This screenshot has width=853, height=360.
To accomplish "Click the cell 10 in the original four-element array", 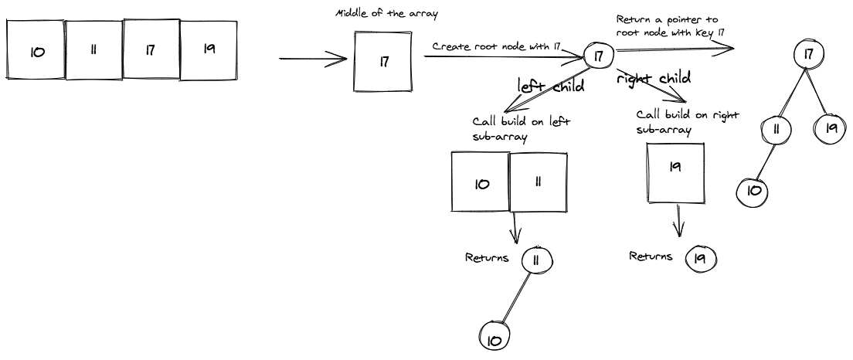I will coord(36,50).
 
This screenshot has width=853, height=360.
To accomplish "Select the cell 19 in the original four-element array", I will coord(209,49).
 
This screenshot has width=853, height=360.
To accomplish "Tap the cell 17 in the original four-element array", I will coord(151,49).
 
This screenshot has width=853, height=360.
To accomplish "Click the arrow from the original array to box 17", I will coord(313,59).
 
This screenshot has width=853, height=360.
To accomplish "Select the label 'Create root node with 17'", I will coord(495,46).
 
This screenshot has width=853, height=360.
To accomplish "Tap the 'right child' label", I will coord(653,78).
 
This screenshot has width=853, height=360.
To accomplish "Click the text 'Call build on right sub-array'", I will coord(687,121).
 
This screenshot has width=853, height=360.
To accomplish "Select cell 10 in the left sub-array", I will coord(481,183).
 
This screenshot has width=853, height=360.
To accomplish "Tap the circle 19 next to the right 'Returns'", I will coord(701,258).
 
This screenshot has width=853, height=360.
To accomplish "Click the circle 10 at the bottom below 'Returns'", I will coord(494,339).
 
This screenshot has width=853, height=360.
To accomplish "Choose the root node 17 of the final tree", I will coord(809,54).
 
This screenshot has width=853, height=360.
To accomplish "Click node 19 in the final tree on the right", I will coord(831,127).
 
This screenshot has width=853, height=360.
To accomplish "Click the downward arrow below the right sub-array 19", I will coord(679,222).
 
